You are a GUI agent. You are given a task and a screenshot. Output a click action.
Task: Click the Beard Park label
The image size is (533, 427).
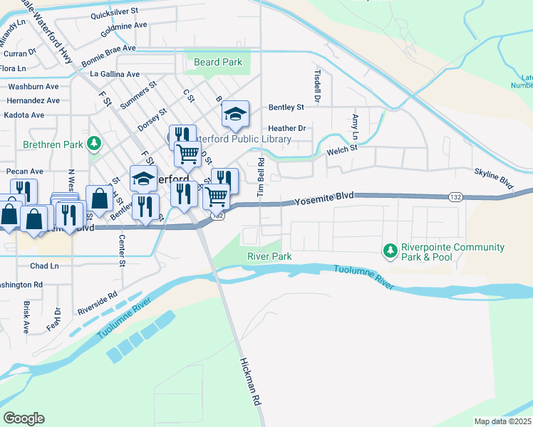[x=218, y=63]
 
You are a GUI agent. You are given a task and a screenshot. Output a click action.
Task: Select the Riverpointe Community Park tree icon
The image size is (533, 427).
[x=390, y=250]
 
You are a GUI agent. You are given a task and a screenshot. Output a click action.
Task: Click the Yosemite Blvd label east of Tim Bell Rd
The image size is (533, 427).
[x=324, y=201]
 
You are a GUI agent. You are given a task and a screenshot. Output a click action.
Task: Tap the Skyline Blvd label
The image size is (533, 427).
[x=494, y=178]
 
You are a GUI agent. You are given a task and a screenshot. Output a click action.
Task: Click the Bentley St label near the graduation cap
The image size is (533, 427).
[x=286, y=107]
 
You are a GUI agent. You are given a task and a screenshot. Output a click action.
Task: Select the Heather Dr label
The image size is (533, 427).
[x=286, y=129]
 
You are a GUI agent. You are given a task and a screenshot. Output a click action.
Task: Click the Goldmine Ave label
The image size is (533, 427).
[x=124, y=30]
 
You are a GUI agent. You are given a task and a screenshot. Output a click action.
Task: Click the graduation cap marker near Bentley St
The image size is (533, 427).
[x=235, y=114]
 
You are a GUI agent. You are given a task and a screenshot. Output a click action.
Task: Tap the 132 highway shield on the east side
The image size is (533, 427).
[x=456, y=196]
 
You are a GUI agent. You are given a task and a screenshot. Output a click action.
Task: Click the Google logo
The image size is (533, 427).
[x=24, y=418]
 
